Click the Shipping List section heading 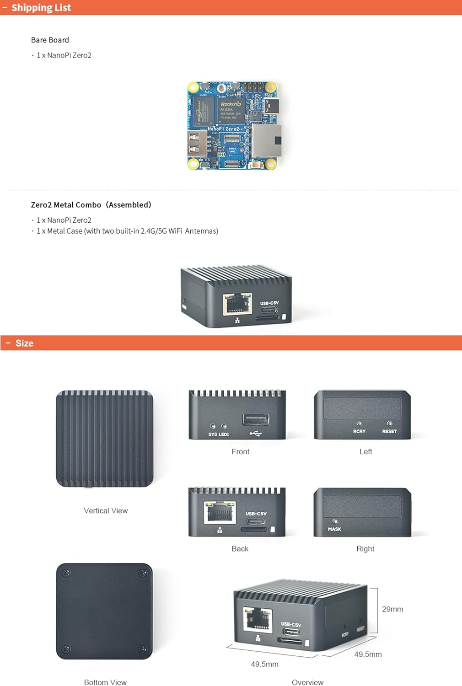coord(41,8)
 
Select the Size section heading coord(24,343)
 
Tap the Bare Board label coord(50,40)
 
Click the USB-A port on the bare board coord(196,143)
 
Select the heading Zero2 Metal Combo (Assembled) coord(91,205)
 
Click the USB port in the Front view coord(256,419)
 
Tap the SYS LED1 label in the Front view coord(218,434)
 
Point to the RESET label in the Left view coord(389,431)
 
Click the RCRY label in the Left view coord(359,431)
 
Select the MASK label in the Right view coord(334,529)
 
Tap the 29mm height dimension coord(392,609)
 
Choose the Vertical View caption coord(106,510)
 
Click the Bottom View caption coord(105,682)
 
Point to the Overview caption coord(307,682)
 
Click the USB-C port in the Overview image coord(291,632)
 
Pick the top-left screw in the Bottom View coord(66,573)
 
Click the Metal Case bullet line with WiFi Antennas coord(127,231)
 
